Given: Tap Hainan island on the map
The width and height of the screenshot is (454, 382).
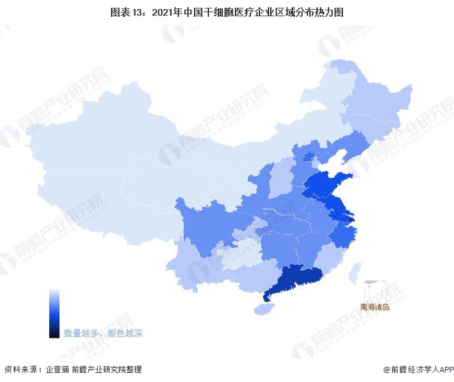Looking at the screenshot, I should coord(262,310).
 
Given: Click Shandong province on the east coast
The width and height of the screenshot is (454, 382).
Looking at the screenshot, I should coord(324,185).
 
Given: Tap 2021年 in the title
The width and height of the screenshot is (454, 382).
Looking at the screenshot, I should coord(176,12).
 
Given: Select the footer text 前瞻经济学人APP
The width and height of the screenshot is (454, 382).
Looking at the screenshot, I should coord(422,370).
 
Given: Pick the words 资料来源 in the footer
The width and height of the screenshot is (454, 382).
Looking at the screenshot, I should coord(19,370).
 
